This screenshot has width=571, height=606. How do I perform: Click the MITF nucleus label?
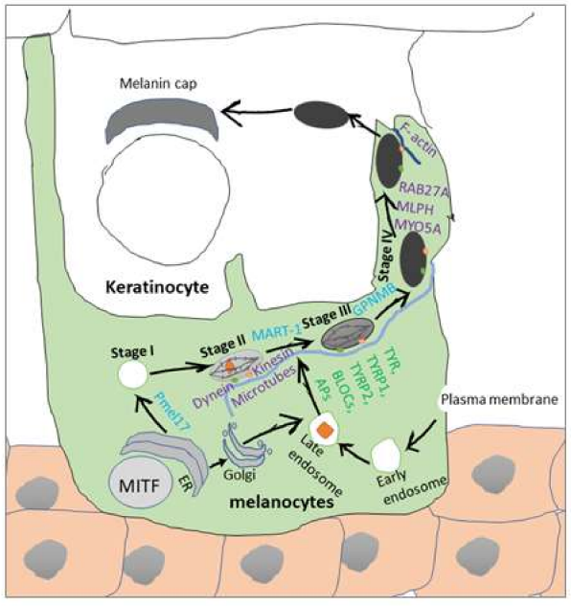[x=139, y=485]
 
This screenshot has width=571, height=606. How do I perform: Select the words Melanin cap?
[x=158, y=84]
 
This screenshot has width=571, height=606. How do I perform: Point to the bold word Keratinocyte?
[x=157, y=287]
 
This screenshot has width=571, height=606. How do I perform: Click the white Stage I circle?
[x=133, y=375]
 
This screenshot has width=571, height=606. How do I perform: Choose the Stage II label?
[x=223, y=346]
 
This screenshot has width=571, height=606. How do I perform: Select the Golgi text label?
[x=240, y=474]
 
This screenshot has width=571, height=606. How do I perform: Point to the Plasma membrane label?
[x=499, y=399]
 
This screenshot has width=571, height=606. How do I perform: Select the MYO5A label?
[x=418, y=227]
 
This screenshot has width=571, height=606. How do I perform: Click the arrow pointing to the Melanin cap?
[x=256, y=113]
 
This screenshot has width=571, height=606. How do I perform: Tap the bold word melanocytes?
[x=282, y=503]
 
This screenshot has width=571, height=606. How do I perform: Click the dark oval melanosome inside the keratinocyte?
[x=321, y=115]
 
